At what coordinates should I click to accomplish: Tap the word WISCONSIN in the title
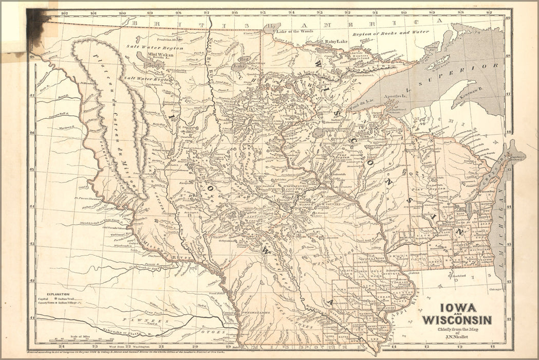(x=456, y=320)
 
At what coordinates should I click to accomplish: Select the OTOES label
(x=216, y=332)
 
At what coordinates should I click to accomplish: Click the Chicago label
(x=496, y=289)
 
